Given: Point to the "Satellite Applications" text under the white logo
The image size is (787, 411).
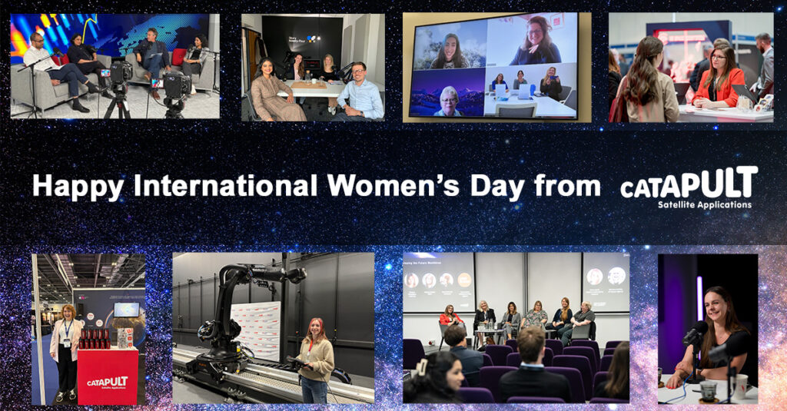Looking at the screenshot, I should (704, 205).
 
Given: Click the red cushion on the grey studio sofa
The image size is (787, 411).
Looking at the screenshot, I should (178, 57).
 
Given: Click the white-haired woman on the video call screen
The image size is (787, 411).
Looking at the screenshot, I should (446, 98).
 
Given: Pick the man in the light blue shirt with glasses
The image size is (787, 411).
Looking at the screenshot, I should (359, 92).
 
